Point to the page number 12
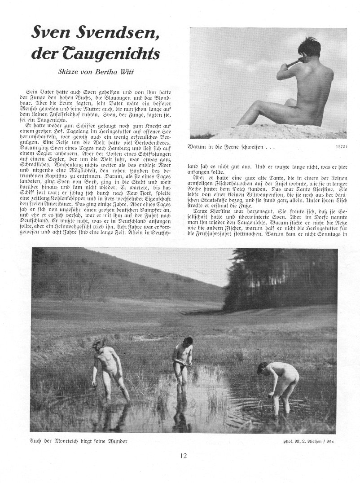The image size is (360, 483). (183, 456)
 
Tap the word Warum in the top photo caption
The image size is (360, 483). (200, 146)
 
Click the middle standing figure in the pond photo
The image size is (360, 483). (182, 364)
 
